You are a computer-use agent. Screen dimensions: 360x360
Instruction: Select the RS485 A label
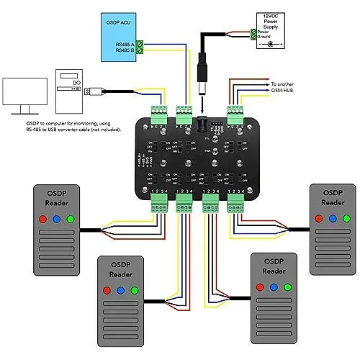pos(124,44)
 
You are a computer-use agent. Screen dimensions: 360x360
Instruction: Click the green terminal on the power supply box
pos(253,33)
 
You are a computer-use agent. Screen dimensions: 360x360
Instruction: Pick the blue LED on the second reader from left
pos(120,289)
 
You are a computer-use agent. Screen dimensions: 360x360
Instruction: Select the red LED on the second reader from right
pos(258,287)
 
